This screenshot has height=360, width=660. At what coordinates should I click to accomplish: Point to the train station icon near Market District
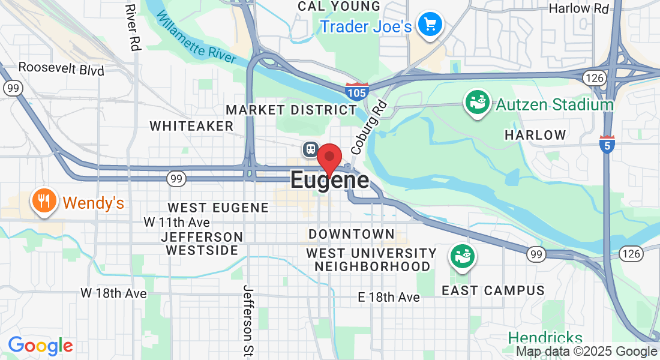point(310,149)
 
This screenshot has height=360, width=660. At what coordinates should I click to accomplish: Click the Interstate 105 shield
point(355,92)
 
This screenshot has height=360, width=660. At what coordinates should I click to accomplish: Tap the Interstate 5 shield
point(607,144)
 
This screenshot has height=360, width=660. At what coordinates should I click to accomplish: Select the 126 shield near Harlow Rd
point(592,76)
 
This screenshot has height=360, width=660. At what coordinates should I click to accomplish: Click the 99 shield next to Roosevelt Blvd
point(12,88)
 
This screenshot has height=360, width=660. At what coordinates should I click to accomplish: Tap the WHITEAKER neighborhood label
point(191,126)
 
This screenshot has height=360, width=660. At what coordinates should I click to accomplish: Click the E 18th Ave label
point(388,297)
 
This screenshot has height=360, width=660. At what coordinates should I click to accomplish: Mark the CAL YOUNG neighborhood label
point(339,7)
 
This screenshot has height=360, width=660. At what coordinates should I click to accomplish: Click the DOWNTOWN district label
point(352,234)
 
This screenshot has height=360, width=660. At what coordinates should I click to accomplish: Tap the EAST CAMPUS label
point(493,290)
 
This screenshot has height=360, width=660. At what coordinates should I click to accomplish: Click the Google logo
point(40,346)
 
